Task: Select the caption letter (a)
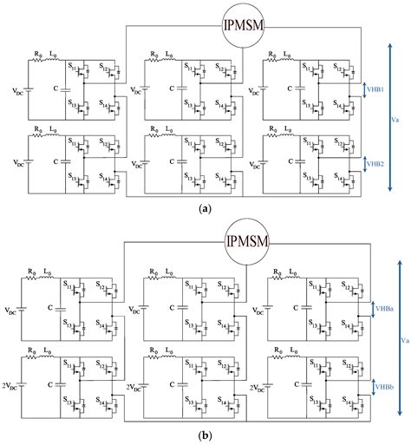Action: tap(205, 209)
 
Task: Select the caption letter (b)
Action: tap(205, 435)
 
